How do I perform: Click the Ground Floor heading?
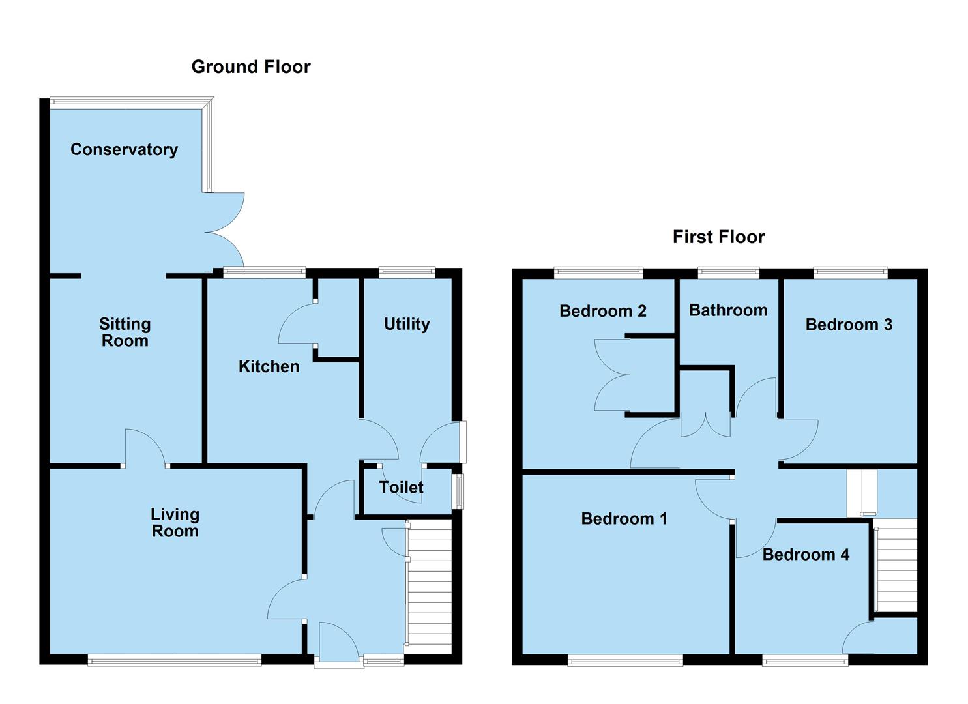250,66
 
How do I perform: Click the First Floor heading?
718,237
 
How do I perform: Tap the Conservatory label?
124,149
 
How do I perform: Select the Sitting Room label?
125,332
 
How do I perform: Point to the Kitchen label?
269,366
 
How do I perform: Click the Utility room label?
407,324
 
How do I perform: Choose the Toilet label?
401,487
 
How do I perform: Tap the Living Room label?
175,523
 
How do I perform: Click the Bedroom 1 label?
624,518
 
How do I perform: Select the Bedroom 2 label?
602,311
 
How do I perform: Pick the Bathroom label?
728,310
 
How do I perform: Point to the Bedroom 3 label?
848,325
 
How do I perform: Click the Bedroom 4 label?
806,555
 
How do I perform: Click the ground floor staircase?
429,587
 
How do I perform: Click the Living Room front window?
174,661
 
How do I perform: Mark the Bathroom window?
728,272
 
